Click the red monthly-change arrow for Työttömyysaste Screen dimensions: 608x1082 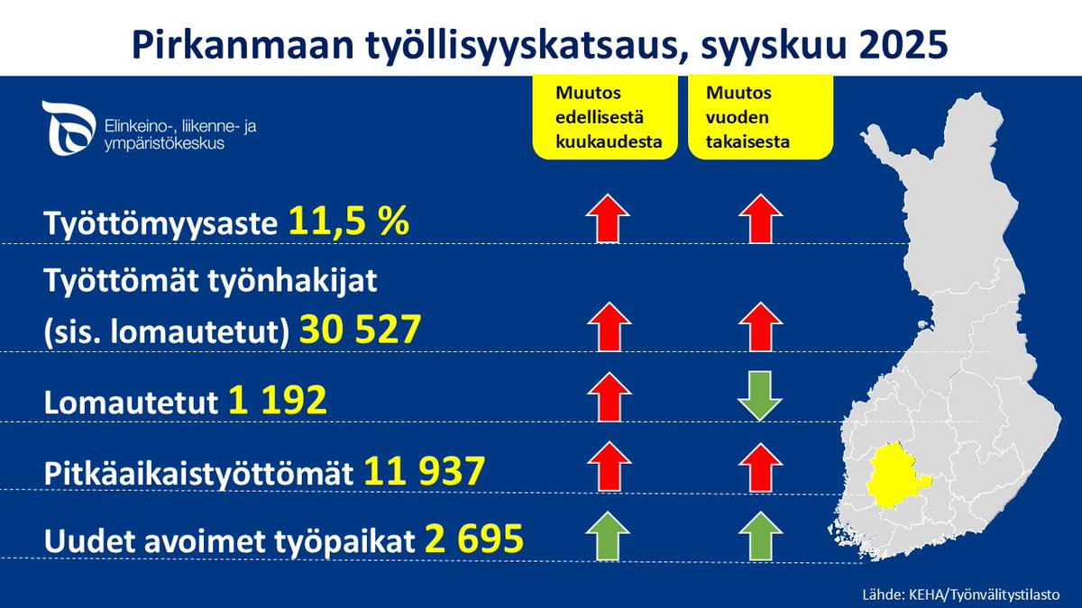pyautogui.click(x=607, y=218)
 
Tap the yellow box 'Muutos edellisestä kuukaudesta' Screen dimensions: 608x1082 pyautogui.click(x=605, y=117)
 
